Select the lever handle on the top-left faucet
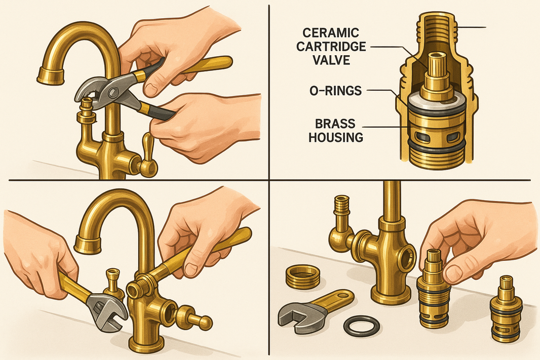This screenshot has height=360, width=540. pos(148,154)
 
